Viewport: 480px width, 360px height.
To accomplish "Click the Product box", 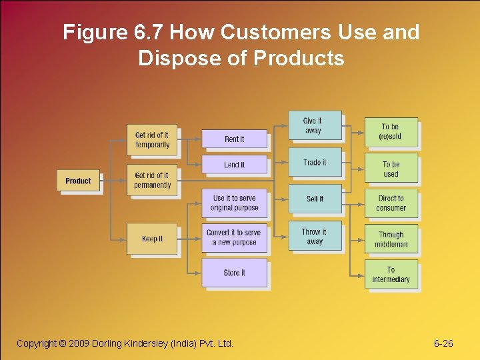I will [79, 181].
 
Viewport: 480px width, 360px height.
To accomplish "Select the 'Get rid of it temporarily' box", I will [153, 140].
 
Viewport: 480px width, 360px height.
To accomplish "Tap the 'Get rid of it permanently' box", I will [153, 180].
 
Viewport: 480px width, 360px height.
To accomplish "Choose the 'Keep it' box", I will [153, 239].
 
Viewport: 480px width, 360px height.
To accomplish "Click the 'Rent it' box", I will [234, 139].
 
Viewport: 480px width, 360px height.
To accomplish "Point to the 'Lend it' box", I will [234, 165].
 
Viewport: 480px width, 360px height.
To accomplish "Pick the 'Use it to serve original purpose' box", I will [234, 203].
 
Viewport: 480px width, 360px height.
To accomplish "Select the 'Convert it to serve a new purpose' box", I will [234, 237].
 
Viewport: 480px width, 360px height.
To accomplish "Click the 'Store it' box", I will [234, 273].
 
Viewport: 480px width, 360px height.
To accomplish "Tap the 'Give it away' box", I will [314, 125].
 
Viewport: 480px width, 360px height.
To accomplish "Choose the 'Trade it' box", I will [314, 162].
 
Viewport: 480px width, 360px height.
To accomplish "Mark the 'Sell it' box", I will [314, 199].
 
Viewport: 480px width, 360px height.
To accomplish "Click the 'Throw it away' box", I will [314, 236].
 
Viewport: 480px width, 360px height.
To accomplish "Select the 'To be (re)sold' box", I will [391, 132].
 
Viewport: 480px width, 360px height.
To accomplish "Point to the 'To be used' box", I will [391, 169].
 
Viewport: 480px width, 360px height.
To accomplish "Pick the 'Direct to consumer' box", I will [391, 203].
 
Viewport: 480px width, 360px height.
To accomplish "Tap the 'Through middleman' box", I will [391, 239].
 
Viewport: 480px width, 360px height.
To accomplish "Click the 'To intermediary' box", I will [391, 274].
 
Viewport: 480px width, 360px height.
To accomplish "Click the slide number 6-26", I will [443, 343].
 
